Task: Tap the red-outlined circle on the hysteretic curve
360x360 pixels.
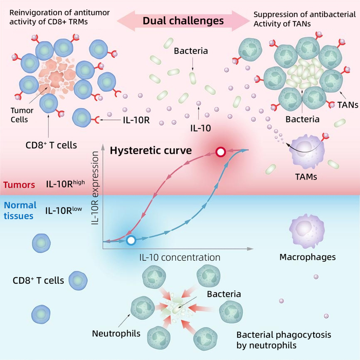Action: [x=221, y=152]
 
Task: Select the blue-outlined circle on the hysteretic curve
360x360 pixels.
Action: [x=131, y=240]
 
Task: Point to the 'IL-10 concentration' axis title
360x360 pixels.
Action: [x=179, y=257]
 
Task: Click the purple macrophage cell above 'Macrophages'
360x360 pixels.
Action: [x=306, y=228]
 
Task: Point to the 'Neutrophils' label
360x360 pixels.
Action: [x=116, y=333]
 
